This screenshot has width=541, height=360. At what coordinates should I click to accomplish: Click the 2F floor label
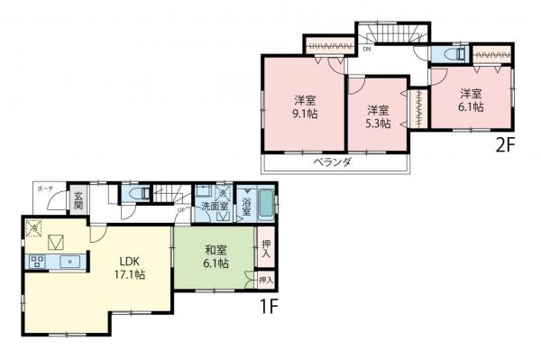pyautogui.click(x=504, y=143)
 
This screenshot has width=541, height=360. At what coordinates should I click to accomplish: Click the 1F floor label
pyautogui.click(x=270, y=307)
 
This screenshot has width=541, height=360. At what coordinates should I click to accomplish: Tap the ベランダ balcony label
pyautogui.click(x=332, y=162)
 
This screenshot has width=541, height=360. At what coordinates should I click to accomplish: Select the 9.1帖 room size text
pyautogui.click(x=302, y=115)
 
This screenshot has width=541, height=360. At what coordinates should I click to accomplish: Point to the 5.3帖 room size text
pyautogui.click(x=379, y=124)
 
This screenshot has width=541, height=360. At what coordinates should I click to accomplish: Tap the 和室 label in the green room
pyautogui.click(x=215, y=250)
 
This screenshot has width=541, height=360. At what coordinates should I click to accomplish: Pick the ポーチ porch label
pyautogui.click(x=46, y=189)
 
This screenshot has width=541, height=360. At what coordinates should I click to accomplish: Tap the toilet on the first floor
pyautogui.click(x=136, y=193)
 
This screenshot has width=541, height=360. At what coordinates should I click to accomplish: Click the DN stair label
pyautogui.click(x=367, y=50)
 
